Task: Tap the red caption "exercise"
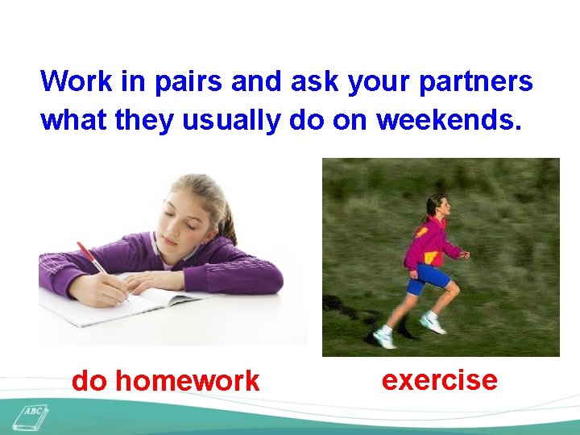click(x=439, y=379)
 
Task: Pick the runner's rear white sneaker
click(x=385, y=338)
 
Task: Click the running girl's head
click(x=437, y=205)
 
